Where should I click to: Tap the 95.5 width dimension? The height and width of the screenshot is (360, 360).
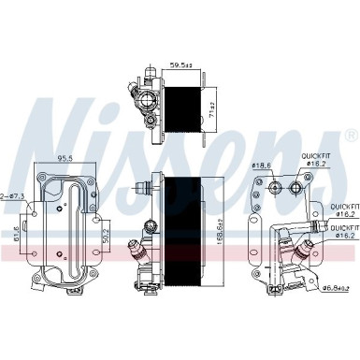pyautogui.click(x=63, y=158)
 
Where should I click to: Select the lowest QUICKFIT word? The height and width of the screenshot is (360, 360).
pyautogui.click(x=342, y=227)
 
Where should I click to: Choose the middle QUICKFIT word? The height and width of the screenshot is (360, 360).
pyautogui.click(x=342, y=205)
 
